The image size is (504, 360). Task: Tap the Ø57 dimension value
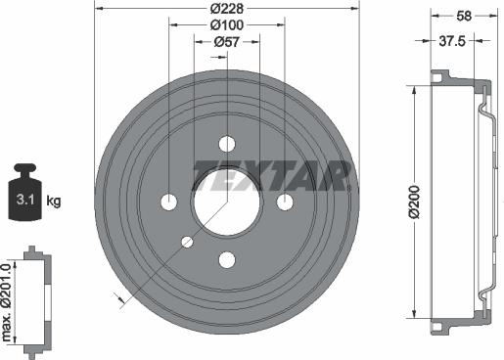click(x=227, y=42)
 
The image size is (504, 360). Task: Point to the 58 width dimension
click(x=464, y=14)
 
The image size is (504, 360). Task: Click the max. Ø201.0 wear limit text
click(x=8, y=298)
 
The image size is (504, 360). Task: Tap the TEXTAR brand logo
click(x=271, y=175)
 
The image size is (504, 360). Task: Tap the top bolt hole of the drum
click(x=227, y=143)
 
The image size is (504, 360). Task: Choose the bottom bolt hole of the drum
click(x=227, y=259)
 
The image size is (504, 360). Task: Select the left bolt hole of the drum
click(x=168, y=202)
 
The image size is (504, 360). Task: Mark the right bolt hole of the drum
click(x=286, y=202)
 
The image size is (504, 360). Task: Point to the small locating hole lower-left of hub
click(x=188, y=241)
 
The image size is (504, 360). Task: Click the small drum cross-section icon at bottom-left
click(x=36, y=298)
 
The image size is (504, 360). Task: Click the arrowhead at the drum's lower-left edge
click(x=121, y=302)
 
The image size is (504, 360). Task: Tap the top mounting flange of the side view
click(x=442, y=76)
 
